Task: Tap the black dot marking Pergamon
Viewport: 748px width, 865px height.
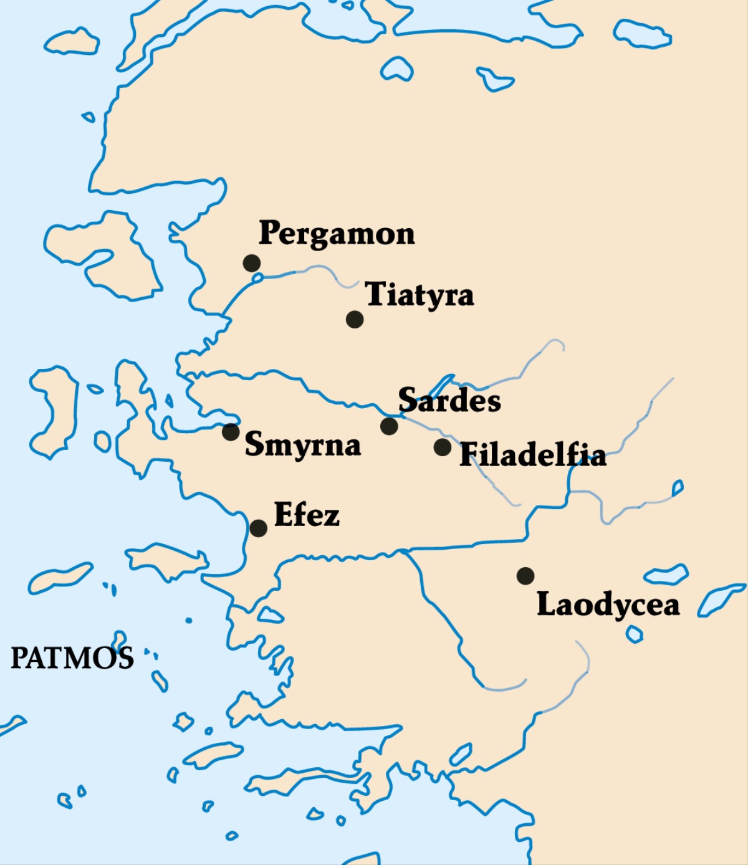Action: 252,263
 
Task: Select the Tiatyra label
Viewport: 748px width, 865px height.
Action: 420,295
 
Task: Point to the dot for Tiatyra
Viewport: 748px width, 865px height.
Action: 355,319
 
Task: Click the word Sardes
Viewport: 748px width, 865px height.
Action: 449,400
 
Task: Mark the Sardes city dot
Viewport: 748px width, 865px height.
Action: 389,426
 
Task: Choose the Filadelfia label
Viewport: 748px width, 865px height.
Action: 533,455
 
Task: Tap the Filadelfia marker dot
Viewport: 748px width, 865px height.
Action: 443,447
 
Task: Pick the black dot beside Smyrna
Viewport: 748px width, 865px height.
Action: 231,431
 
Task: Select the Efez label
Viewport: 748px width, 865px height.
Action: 307,515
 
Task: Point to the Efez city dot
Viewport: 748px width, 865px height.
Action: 258,528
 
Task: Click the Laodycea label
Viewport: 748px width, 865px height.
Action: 608,605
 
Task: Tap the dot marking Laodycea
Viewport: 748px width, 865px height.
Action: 525,576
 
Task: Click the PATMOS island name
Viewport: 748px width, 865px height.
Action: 72,658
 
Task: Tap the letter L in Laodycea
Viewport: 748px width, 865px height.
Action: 547,603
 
